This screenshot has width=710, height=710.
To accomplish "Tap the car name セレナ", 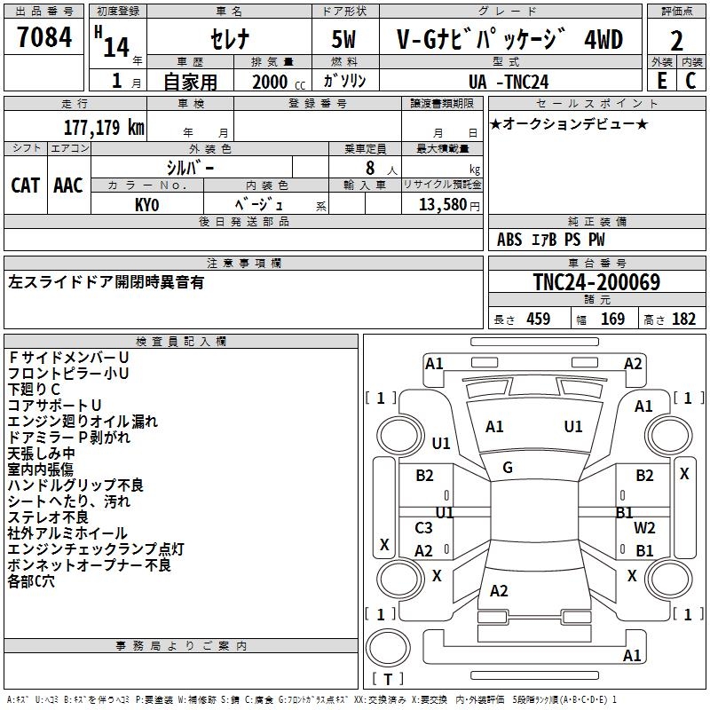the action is coord(229,40).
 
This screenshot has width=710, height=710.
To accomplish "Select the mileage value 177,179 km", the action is coord(104,127).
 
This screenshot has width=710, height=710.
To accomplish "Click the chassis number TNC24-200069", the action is coord(596,282).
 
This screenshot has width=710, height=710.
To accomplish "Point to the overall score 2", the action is coord(676,41).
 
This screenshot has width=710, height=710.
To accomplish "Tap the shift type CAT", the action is coord(25,185).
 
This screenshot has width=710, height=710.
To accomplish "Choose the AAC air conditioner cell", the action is coord(68,185).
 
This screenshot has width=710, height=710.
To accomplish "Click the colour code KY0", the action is coord(146,204).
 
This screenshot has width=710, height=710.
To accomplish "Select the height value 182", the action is coord(683,319).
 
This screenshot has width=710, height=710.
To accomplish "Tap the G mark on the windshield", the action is coord(508,468).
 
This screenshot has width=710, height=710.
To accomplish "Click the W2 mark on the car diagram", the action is coord(645,529).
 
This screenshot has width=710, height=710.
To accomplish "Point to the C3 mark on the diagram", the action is coord(424,528).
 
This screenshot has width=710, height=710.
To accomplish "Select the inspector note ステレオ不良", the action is coord(48,517).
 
